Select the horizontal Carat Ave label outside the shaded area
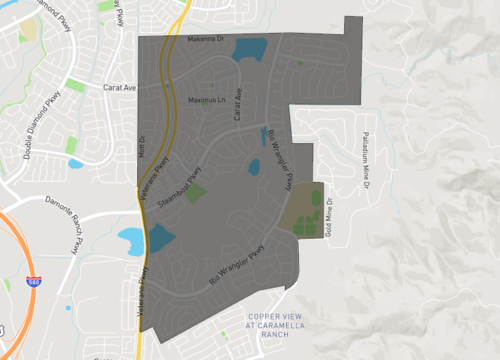(119, 87)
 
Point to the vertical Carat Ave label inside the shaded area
(238, 105)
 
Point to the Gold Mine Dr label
(329, 216)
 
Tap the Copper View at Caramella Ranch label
(274, 327)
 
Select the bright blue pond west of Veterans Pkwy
(130, 238)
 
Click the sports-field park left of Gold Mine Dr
(305, 211)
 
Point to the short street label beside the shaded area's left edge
(142, 145)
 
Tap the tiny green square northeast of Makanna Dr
(299, 65)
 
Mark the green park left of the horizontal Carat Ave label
(76, 85)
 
